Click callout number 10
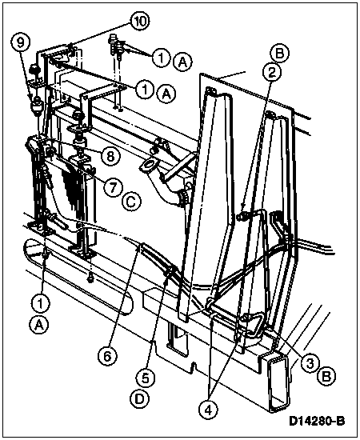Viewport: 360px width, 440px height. (140, 22)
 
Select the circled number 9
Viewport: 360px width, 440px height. (21, 43)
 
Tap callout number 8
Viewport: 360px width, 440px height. (110, 157)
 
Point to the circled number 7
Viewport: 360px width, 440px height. (113, 187)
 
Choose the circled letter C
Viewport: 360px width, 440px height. (131, 202)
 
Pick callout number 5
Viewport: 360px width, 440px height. (145, 378)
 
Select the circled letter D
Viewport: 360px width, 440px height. (139, 399)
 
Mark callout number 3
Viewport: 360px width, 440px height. (310, 364)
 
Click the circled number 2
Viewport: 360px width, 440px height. (271, 73)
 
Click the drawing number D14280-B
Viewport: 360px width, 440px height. (317, 421)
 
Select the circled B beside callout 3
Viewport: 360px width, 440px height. (326, 377)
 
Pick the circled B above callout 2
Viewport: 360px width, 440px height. (280, 54)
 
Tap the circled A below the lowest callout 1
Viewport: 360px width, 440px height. (39, 325)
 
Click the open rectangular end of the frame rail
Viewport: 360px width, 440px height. (277, 382)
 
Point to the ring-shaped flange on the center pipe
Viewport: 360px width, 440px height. (147, 166)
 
